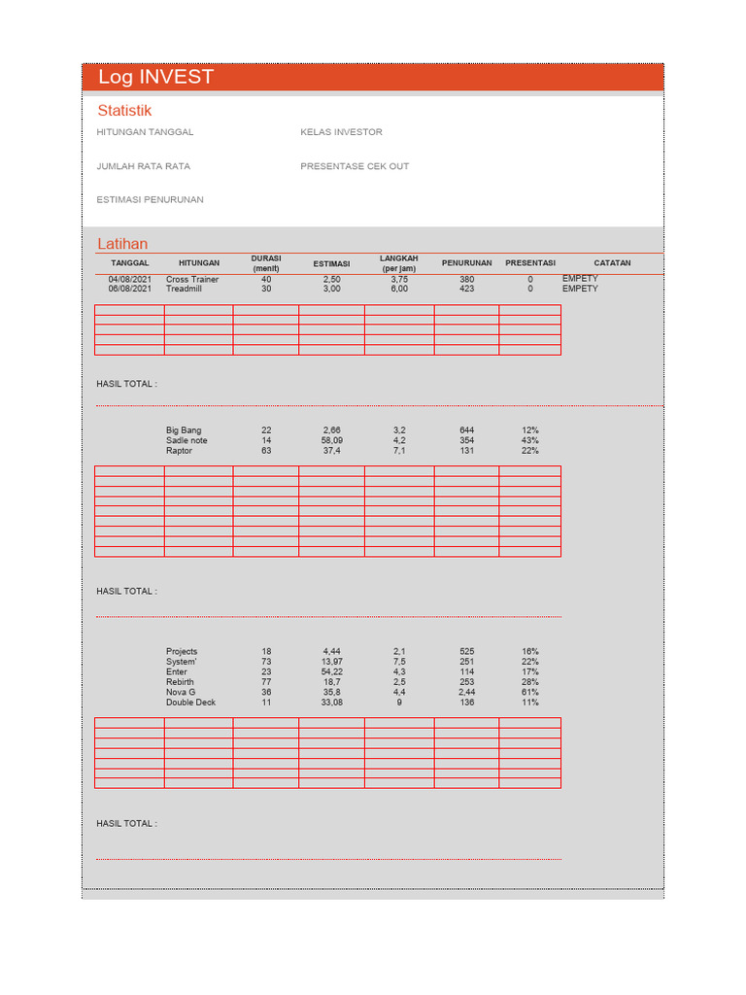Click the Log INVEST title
click(155, 78)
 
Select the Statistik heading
click(124, 111)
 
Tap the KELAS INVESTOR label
click(341, 132)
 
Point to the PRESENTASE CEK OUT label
click(355, 166)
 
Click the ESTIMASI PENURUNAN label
click(150, 200)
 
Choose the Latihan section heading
click(122, 244)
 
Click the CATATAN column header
click(612, 263)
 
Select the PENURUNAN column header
click(466, 263)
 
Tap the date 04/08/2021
click(130, 280)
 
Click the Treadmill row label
click(184, 290)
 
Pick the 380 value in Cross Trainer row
click(467, 280)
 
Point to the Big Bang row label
click(184, 430)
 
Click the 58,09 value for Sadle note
click(332, 441)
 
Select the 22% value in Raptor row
click(529, 451)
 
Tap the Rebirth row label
click(180, 682)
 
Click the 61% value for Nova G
click(529, 692)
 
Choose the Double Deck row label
click(190, 703)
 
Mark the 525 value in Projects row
click(467, 652)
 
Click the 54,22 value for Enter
click(332, 672)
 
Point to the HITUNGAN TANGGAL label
click(145, 132)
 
